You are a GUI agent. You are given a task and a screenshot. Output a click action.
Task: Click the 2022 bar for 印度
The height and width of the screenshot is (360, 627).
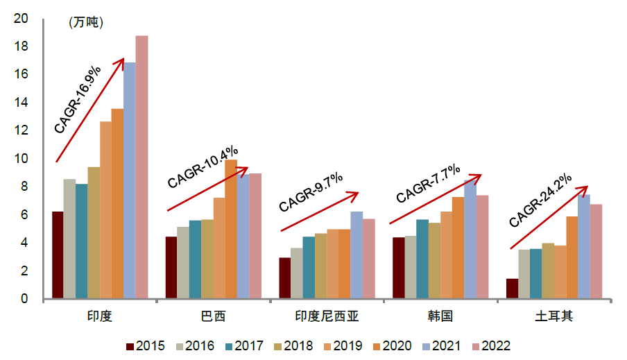coord(141,167)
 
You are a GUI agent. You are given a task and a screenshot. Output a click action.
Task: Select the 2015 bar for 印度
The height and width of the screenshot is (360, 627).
coord(58,255)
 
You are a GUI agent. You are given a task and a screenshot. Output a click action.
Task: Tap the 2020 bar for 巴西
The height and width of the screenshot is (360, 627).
coord(231,230)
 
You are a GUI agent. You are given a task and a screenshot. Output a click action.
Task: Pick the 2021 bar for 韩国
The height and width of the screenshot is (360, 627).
coord(470,239)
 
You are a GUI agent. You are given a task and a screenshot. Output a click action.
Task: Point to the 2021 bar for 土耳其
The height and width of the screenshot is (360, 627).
coord(584,246)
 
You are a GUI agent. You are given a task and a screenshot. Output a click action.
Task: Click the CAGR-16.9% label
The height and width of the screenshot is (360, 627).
coord(78,99)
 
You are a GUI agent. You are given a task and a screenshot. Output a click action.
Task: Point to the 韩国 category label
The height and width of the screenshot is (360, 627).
coord(440,316)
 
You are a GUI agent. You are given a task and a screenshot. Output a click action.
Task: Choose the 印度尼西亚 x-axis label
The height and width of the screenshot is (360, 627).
coord(326,316)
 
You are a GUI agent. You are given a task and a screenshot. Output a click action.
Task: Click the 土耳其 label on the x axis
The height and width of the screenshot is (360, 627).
coord(553,316)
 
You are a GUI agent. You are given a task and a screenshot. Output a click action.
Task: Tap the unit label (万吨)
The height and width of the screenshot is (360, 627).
coord(86,23)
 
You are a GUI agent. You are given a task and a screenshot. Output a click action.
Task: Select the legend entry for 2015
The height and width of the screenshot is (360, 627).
coord(146,345)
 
